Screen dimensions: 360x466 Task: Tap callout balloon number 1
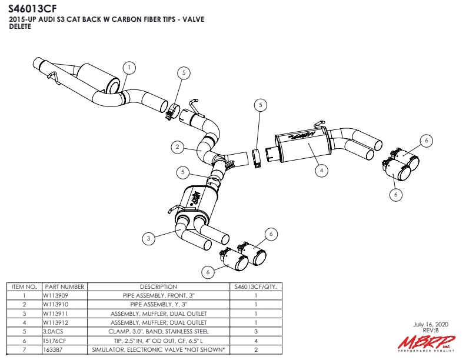pyautogui.click(x=129, y=68)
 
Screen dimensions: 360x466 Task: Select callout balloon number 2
pyautogui.click(x=178, y=148)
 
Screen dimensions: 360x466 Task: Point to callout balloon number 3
pyautogui.click(x=149, y=238)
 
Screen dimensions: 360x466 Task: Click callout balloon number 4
pyautogui.click(x=321, y=171)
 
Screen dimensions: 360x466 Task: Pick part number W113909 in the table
pyautogui.click(x=56, y=295)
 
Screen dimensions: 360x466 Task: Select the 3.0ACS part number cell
pyautogui.click(x=53, y=332)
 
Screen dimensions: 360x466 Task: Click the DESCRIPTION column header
pyautogui.click(x=158, y=286)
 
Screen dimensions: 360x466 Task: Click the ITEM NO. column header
pyautogui.click(x=24, y=286)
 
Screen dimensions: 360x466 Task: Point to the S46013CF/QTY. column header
pyautogui.click(x=255, y=286)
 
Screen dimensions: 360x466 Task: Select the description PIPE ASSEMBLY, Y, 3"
pyautogui.click(x=158, y=305)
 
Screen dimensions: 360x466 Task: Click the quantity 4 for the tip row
pyautogui.click(x=255, y=341)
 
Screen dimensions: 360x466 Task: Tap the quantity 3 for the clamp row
pyautogui.click(x=255, y=332)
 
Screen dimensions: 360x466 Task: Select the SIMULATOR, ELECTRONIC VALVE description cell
pyautogui.click(x=158, y=349)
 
